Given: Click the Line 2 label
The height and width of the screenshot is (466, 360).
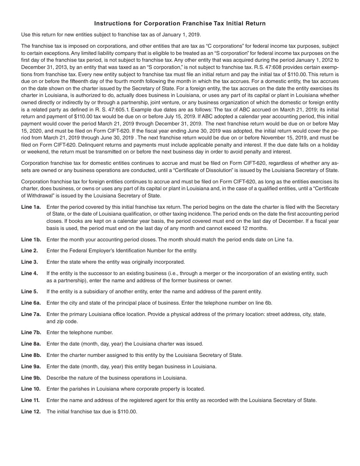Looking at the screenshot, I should pos(29,250).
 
